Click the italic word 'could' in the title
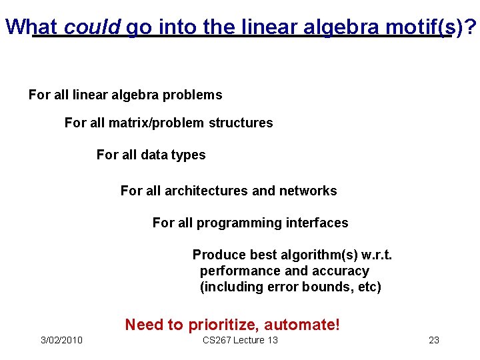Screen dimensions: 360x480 [93, 26]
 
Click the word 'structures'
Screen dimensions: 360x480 [241, 123]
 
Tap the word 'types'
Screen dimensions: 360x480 [189, 155]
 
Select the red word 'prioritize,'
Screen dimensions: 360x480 [223, 325]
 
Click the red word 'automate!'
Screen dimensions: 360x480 [302, 325]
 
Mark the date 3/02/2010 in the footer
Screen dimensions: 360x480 [61, 341]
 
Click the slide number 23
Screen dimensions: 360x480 [433, 341]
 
